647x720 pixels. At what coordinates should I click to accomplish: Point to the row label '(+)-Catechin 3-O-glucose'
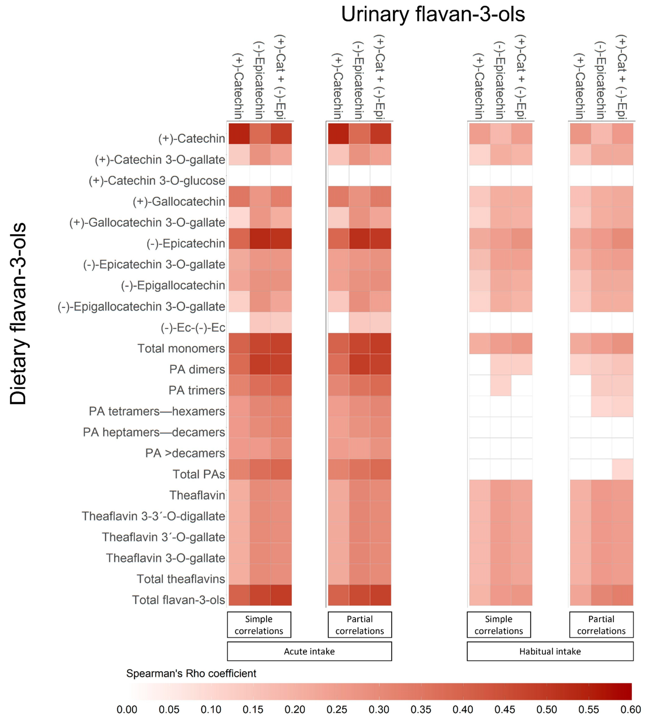(157, 181)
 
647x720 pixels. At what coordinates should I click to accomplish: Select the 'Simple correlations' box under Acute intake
(259, 625)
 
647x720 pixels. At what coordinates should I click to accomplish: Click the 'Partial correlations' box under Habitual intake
(601, 625)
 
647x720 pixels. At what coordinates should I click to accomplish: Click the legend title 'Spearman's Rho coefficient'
(191, 673)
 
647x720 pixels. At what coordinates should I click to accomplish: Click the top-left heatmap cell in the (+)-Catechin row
(239, 134)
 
